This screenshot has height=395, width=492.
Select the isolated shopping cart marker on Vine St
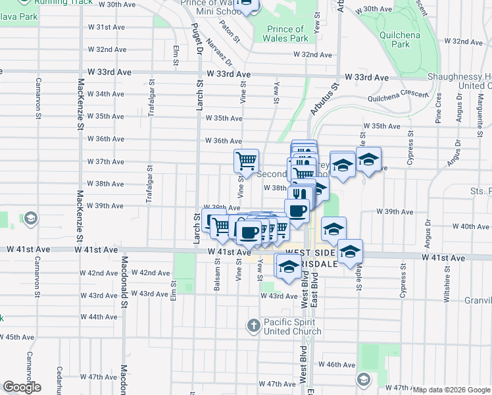coord(246,160)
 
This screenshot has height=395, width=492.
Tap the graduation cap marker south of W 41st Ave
coord(288,267)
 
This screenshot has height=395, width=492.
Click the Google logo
coord(22,387)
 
